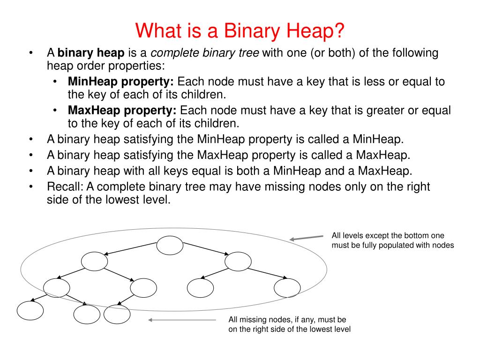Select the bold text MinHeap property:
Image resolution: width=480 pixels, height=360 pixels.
click(x=121, y=82)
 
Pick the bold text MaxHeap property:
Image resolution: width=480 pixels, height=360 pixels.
click(x=122, y=111)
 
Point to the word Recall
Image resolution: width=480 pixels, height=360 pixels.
click(x=63, y=187)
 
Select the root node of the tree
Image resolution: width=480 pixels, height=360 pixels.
click(x=170, y=245)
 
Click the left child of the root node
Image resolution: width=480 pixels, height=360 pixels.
click(x=94, y=261)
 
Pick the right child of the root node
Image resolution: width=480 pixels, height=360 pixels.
click(x=238, y=262)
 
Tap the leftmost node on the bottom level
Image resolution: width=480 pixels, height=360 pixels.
click(x=30, y=310)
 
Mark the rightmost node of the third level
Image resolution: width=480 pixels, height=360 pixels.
click(x=287, y=288)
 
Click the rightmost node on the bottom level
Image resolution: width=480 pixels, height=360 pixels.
click(x=117, y=314)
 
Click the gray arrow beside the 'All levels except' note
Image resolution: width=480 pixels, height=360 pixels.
click(x=307, y=238)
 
